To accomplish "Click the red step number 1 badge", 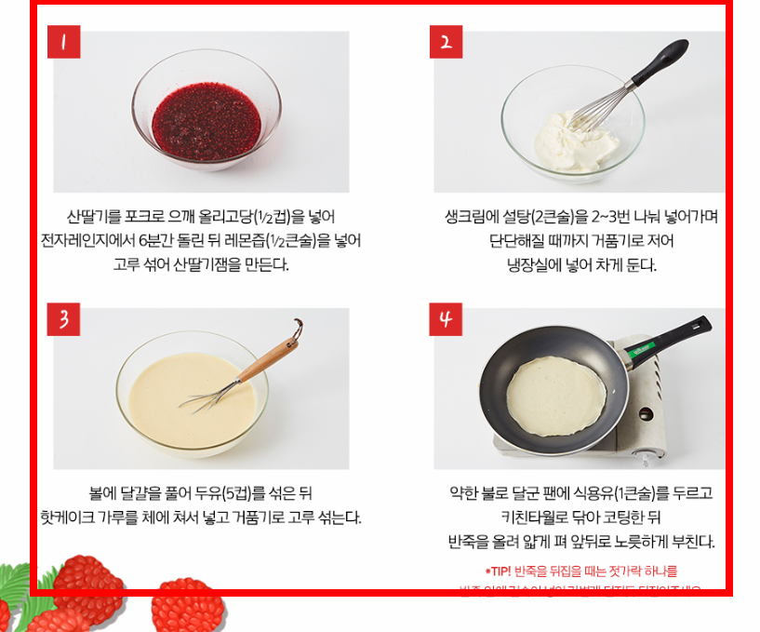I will (x=63, y=43).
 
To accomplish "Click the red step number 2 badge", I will (x=446, y=42).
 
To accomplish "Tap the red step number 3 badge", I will (x=63, y=319).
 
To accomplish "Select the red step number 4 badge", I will (x=446, y=319).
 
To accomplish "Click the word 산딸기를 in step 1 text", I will (x=95, y=217).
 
